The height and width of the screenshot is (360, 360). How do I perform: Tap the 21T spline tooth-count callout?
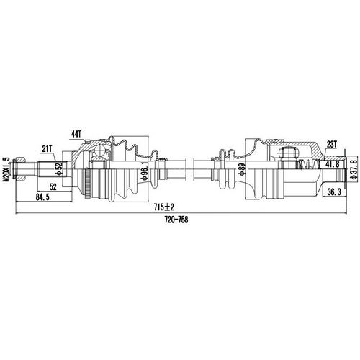coord(48,149)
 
